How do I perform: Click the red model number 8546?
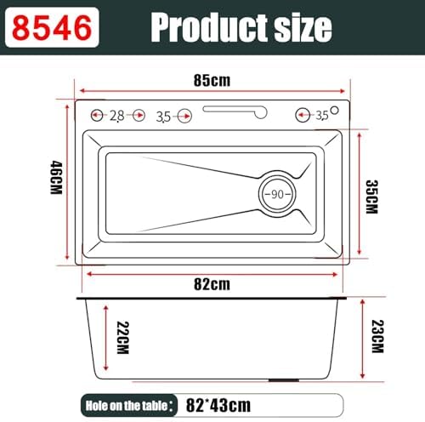click(49, 27)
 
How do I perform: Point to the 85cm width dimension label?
click(212, 81)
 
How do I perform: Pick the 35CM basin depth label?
click(371, 197)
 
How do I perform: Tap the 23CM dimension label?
click(375, 339)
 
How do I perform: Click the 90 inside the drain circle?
click(278, 195)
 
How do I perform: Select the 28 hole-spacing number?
click(116, 115)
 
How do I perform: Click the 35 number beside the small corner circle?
click(321, 115)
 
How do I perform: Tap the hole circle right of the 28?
click(137, 115)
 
